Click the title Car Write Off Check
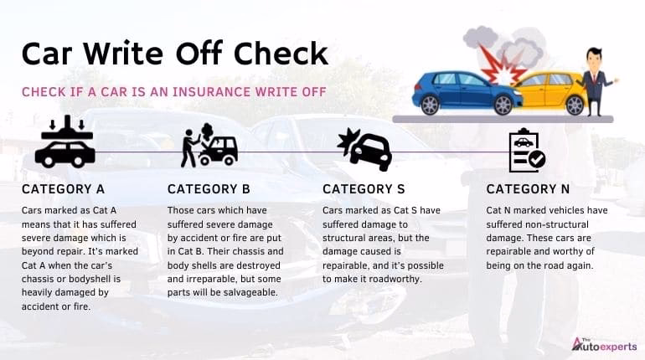click(x=174, y=53)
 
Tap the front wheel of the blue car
click(x=503, y=104)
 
